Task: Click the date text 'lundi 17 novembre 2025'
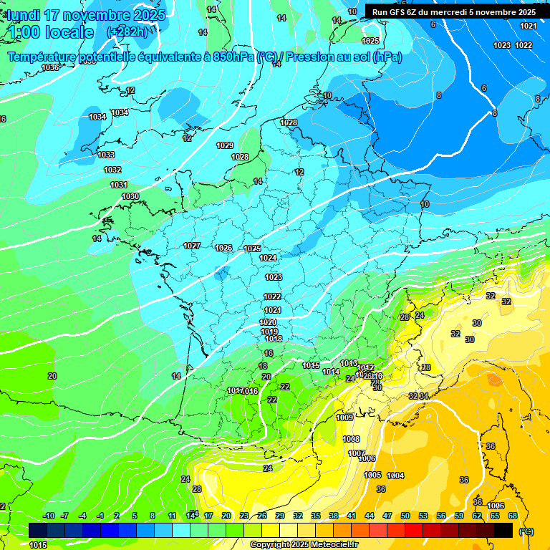pos(86,15)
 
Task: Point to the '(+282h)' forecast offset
pos(127,32)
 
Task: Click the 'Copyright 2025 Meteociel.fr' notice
pos(304,545)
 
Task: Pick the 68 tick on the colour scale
pos(513,516)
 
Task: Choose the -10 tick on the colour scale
pos(49,516)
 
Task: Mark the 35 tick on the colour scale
pos(316,516)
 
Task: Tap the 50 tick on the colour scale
pos(405,516)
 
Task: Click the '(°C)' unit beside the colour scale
pos(526,531)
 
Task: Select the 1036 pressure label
pos(50,67)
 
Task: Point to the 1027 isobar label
pos(192,246)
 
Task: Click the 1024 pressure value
pos(268,258)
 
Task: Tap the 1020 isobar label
pos(268,323)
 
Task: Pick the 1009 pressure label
pos(344,418)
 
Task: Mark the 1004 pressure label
pos(395,476)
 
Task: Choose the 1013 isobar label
pos(349,363)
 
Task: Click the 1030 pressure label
pos(130,196)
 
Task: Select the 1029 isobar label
pos(225,145)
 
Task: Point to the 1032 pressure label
pos(112,170)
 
